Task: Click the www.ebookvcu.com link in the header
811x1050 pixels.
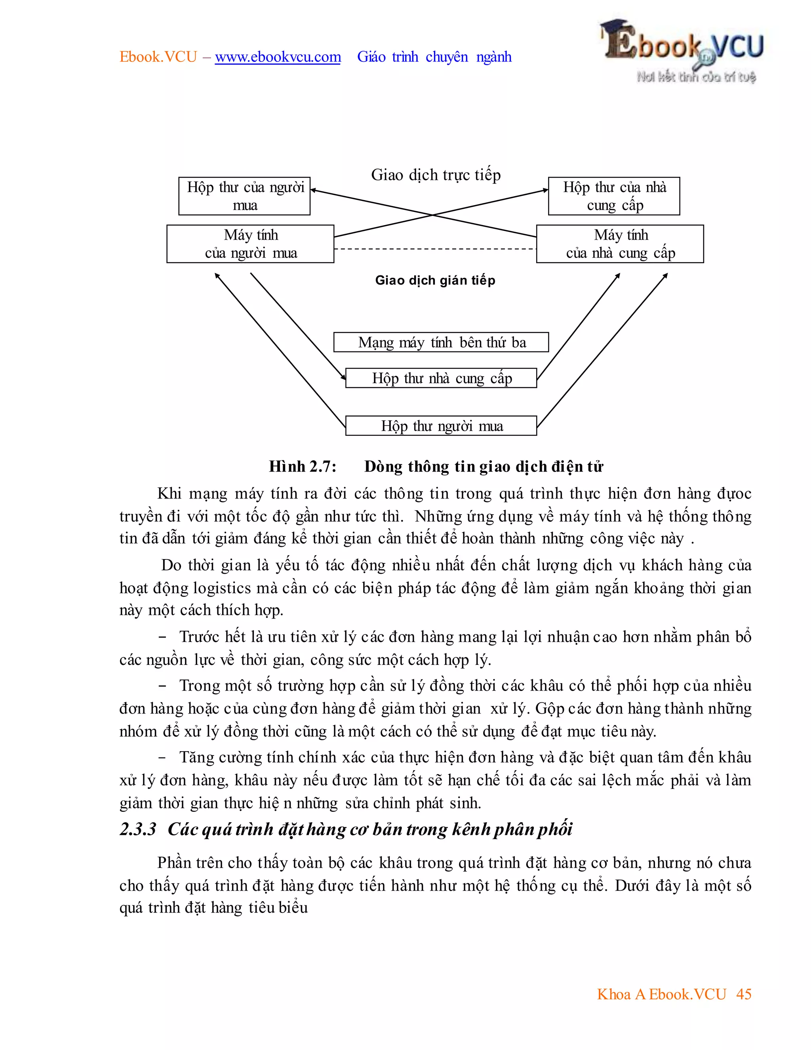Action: tap(278, 57)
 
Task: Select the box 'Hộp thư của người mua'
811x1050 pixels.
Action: tap(244, 196)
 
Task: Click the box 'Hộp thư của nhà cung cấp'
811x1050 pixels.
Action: tap(614, 196)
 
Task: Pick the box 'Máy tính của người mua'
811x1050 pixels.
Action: tap(250, 244)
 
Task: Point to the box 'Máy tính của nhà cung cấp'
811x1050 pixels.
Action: tap(620, 244)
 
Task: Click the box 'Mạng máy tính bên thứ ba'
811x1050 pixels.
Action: tap(441, 342)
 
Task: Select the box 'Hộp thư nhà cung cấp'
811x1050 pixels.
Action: tap(441, 378)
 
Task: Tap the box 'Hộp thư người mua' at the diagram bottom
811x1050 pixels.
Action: tap(441, 426)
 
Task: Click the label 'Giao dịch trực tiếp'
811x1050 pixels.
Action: tap(436, 175)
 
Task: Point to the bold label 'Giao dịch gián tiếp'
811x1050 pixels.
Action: tap(435, 280)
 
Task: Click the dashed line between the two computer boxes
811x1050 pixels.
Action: tap(435, 249)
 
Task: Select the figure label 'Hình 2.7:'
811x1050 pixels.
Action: tap(303, 466)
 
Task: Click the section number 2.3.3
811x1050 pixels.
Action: tap(138, 829)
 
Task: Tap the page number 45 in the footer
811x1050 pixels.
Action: tap(743, 994)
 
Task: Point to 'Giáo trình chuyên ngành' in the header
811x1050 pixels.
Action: tap(434, 57)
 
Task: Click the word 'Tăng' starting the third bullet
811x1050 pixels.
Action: tap(196, 757)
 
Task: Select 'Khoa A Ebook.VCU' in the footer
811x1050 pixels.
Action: tap(661, 994)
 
